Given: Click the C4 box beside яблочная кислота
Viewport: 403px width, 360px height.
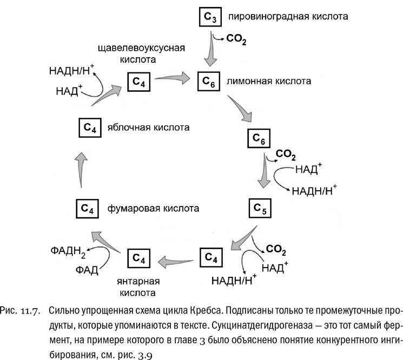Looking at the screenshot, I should [x=90, y=128].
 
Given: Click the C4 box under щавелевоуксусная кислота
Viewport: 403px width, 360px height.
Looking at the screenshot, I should [x=138, y=82].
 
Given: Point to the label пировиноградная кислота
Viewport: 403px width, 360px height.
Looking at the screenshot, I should [x=287, y=17].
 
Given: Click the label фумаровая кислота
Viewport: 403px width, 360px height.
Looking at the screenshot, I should [x=153, y=208].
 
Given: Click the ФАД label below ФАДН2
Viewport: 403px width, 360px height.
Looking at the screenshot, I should [x=86, y=269].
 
